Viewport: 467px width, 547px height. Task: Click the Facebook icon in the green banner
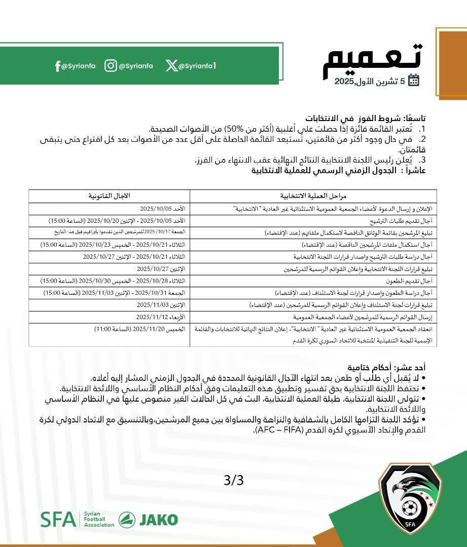[x=58, y=66]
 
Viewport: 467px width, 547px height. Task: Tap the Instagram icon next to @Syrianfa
[x=111, y=66]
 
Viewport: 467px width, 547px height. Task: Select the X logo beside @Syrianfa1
[x=171, y=66]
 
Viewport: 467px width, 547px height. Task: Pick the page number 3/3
[x=233, y=480]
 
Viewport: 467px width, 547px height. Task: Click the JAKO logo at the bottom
[x=148, y=520]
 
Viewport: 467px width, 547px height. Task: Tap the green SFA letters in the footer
[x=57, y=520]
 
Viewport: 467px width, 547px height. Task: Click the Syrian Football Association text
[x=98, y=520]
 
